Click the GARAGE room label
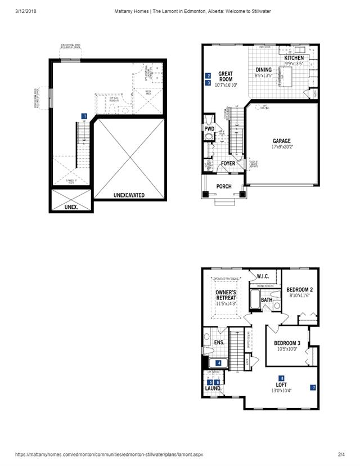click(281, 141)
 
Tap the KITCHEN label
click(294, 59)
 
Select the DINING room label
click(263, 70)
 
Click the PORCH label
click(224, 186)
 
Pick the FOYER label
click(228, 164)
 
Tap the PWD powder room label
click(209, 129)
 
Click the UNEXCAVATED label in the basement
click(129, 195)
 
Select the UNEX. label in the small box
click(70, 207)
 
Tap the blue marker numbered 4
click(218, 363)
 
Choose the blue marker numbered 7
click(313, 387)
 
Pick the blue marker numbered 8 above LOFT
click(282, 378)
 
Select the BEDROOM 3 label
click(287, 343)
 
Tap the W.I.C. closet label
click(264, 276)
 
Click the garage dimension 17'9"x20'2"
click(281, 147)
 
